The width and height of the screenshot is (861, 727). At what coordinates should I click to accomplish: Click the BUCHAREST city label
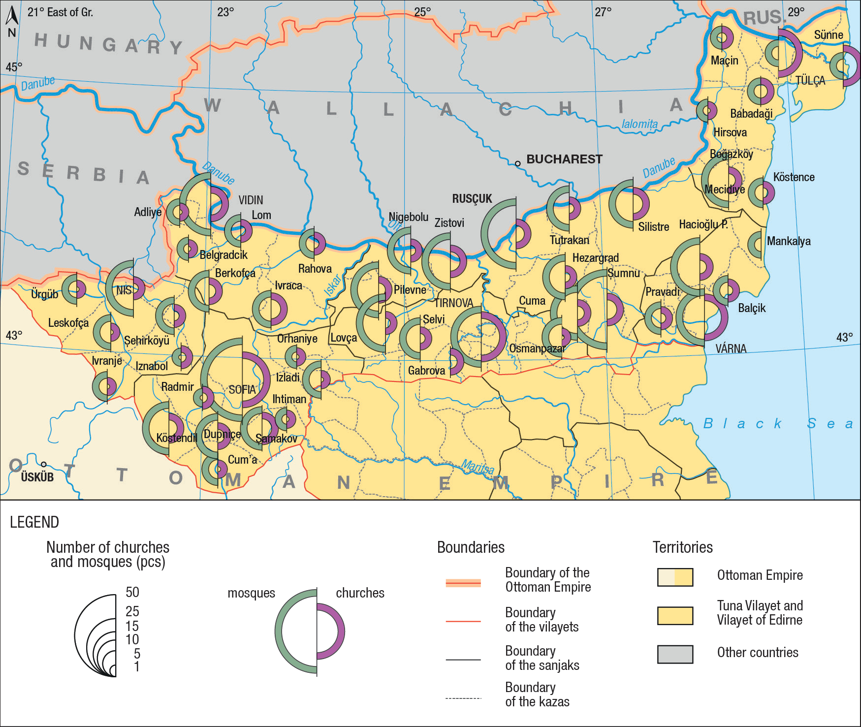564,159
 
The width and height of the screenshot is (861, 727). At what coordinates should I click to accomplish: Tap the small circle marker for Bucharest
517,163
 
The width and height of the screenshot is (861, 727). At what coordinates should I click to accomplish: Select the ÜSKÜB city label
37,477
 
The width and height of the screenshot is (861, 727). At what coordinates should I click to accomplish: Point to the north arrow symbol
12,17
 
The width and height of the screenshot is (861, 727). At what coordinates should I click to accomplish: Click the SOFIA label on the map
242,390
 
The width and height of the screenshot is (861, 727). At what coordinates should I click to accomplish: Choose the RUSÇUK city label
472,199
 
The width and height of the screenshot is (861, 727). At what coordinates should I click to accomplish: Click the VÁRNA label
731,349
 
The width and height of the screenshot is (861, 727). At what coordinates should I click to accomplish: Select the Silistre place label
653,227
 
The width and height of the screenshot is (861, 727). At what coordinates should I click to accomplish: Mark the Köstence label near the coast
794,177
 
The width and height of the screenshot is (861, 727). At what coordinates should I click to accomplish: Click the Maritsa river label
478,467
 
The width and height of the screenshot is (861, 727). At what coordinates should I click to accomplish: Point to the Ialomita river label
639,124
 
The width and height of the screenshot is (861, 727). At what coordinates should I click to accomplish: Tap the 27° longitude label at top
603,12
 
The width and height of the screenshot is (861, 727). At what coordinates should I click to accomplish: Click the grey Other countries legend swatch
675,654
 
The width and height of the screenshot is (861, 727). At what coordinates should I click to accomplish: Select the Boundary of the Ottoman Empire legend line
463,583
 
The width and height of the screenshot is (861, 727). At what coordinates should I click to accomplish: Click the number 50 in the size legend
132,592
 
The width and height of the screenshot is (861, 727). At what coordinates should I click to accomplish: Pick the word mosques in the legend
251,593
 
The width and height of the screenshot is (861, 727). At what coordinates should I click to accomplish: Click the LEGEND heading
34,522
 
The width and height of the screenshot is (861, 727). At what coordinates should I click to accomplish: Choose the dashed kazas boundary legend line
463,698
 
